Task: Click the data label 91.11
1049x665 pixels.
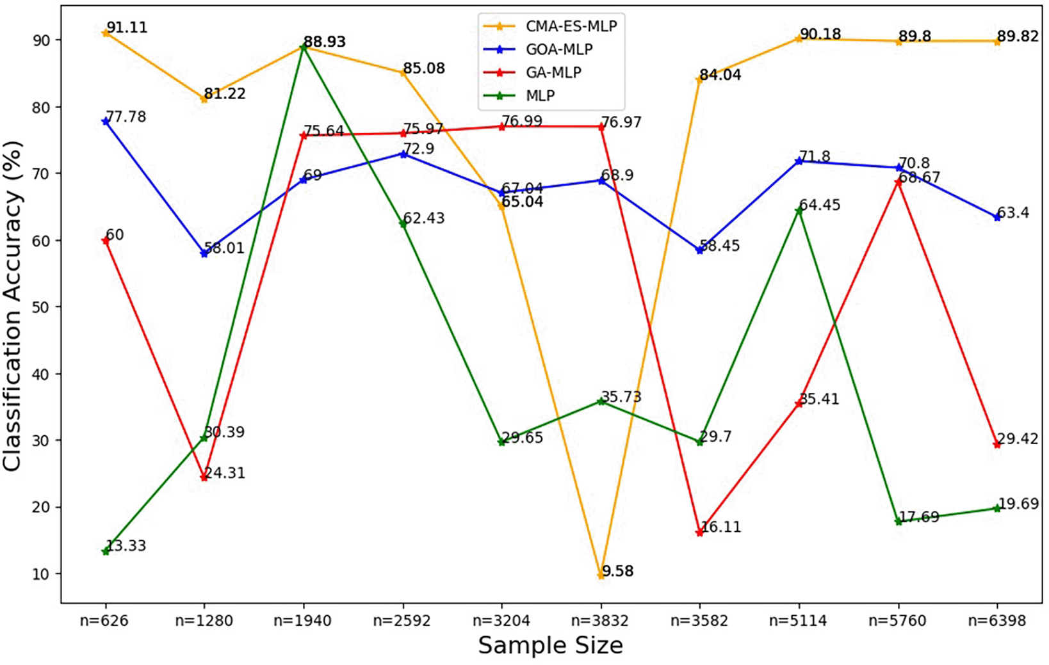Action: [127, 28]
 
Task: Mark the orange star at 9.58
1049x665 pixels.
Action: [601, 575]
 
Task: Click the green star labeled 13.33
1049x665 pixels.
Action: [106, 551]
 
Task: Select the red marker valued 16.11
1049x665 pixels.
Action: [699, 533]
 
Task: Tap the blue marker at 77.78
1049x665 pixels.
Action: [106, 121]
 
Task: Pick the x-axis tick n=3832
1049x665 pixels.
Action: [600, 620]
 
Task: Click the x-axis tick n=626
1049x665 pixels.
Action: [106, 620]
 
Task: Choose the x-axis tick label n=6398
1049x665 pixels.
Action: [996, 620]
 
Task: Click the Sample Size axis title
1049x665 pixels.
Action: [550, 645]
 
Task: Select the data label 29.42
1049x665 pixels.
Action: [1018, 439]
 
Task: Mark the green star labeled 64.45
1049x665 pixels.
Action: [799, 210]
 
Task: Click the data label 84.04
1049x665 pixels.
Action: [720, 75]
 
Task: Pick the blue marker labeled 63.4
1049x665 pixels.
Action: [996, 218]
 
